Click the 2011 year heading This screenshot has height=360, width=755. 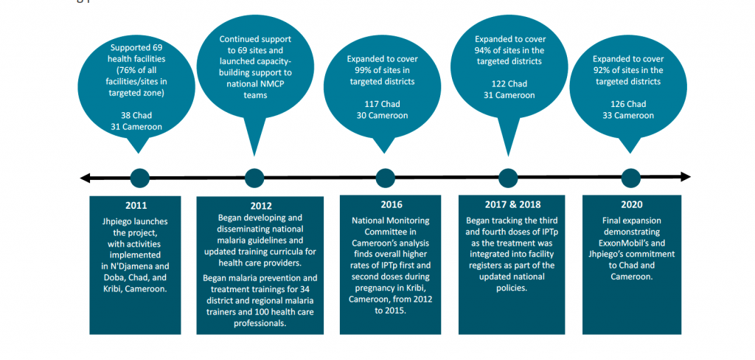136,206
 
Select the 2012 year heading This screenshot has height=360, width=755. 260,207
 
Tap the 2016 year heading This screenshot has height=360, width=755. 390,205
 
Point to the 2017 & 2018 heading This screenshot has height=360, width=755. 511,204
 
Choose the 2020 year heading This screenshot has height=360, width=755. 631,204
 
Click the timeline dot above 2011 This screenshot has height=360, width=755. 139,178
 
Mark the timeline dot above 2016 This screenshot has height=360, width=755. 385,178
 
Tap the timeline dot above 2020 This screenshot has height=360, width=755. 631,178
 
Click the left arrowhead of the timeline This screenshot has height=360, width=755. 85,179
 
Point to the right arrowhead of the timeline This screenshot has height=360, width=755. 686,177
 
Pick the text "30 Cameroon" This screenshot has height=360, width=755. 383,116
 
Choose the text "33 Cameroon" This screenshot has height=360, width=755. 628,116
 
